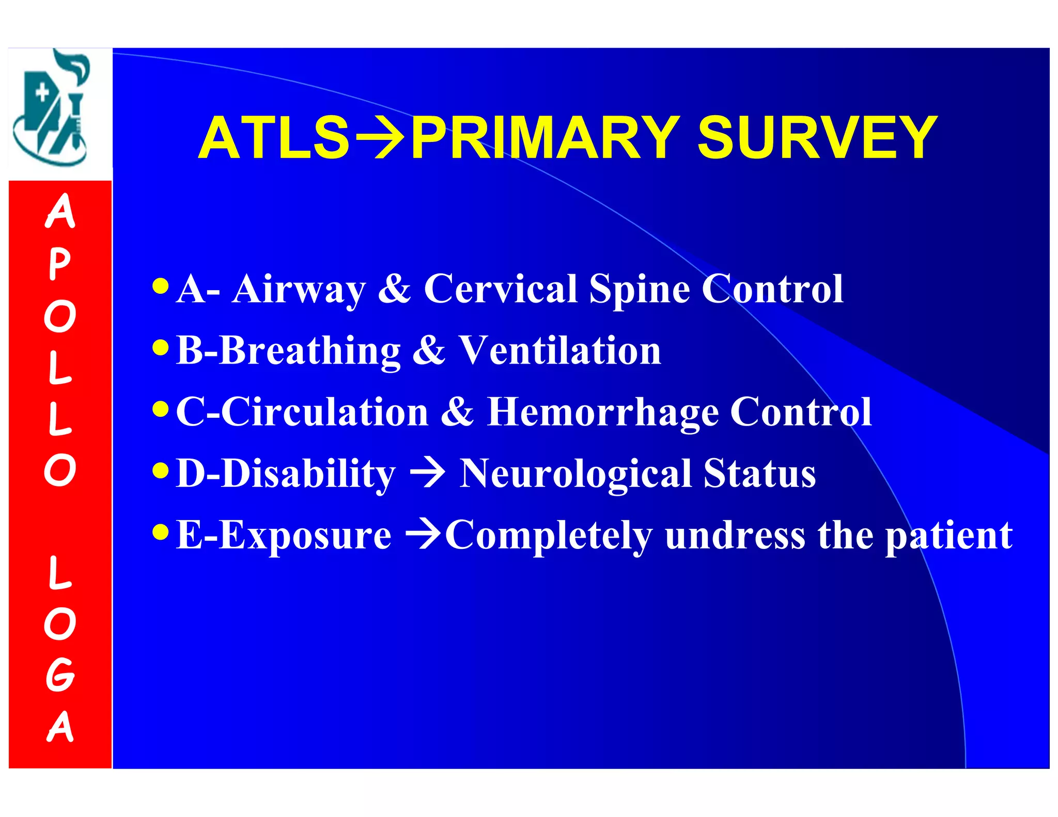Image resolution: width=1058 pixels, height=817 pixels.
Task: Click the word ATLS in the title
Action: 274,138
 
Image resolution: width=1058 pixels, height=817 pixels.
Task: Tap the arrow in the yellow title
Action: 380,138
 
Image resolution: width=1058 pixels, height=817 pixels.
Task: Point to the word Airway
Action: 299,289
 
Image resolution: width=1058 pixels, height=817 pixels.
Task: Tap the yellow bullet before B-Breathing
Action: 161,347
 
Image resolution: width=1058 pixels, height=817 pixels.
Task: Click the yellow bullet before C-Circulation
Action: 161,409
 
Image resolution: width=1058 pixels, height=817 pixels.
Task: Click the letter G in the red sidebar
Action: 60,674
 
